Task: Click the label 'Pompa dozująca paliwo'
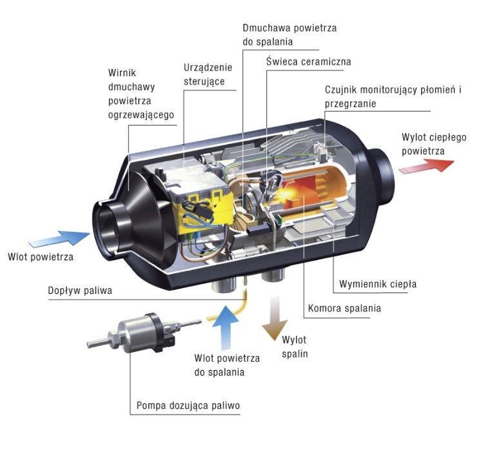(x=188, y=406)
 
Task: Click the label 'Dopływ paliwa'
(x=80, y=291)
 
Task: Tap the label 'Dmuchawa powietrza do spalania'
(x=290, y=36)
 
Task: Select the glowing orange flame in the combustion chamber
(x=297, y=190)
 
